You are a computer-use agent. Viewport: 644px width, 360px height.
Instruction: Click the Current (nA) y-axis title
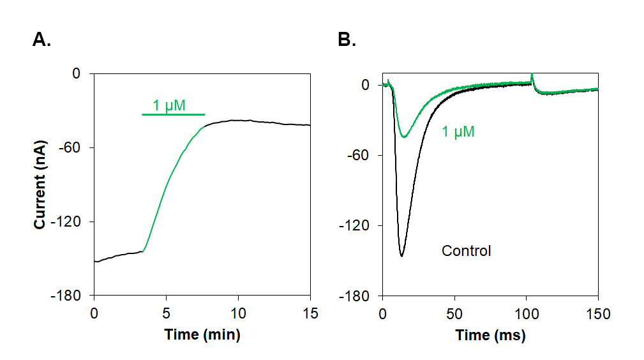(40, 186)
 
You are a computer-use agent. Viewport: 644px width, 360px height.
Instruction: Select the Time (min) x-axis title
(202, 334)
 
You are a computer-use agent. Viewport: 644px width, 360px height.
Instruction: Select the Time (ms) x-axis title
(490, 334)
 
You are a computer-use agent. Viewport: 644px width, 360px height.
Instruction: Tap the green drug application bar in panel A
(173, 114)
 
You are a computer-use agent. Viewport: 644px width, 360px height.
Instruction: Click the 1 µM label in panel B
(458, 132)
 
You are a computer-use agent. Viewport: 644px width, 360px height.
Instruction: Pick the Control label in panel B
(467, 251)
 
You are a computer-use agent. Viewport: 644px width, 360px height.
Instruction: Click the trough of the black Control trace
(401, 256)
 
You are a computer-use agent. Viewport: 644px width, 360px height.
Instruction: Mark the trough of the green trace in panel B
(403, 137)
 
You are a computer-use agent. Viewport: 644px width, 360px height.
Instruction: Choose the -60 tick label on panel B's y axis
(359, 155)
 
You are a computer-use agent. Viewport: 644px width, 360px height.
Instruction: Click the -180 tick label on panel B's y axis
(356, 296)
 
